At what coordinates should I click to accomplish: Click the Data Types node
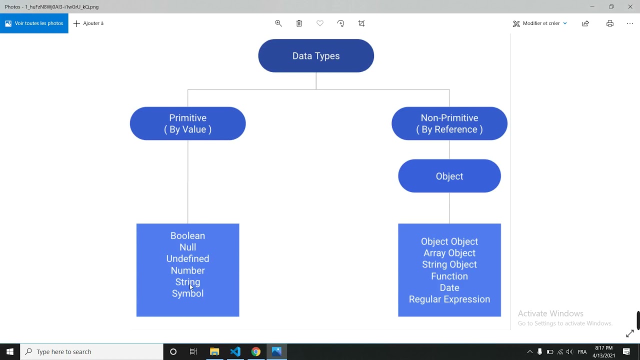pos(316,56)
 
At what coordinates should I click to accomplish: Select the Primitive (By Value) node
pos(187,123)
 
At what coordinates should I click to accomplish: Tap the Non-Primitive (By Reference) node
pos(449,123)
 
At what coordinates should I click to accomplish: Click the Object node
pos(449,176)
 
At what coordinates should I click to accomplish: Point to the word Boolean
pos(187,236)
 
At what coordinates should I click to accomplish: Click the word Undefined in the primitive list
pos(187,258)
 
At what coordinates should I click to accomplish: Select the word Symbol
pos(187,293)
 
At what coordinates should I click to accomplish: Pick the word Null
pos(187,247)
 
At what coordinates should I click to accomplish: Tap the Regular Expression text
pos(449,299)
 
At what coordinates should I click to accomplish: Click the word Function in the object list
pos(449,276)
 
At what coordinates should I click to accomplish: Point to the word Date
pos(449,288)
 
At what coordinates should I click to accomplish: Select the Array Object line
pos(449,253)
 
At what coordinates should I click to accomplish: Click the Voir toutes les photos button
pos(34,23)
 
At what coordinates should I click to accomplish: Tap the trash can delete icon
pos(299,23)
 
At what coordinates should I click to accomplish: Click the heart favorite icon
pos(320,23)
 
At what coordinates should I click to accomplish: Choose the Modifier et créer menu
pos(540,23)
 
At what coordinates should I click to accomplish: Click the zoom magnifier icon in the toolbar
pos(278,23)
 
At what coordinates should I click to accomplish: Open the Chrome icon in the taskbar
pos(255,351)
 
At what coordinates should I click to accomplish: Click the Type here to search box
pos(92,351)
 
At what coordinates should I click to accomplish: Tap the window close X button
pos(630,6)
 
